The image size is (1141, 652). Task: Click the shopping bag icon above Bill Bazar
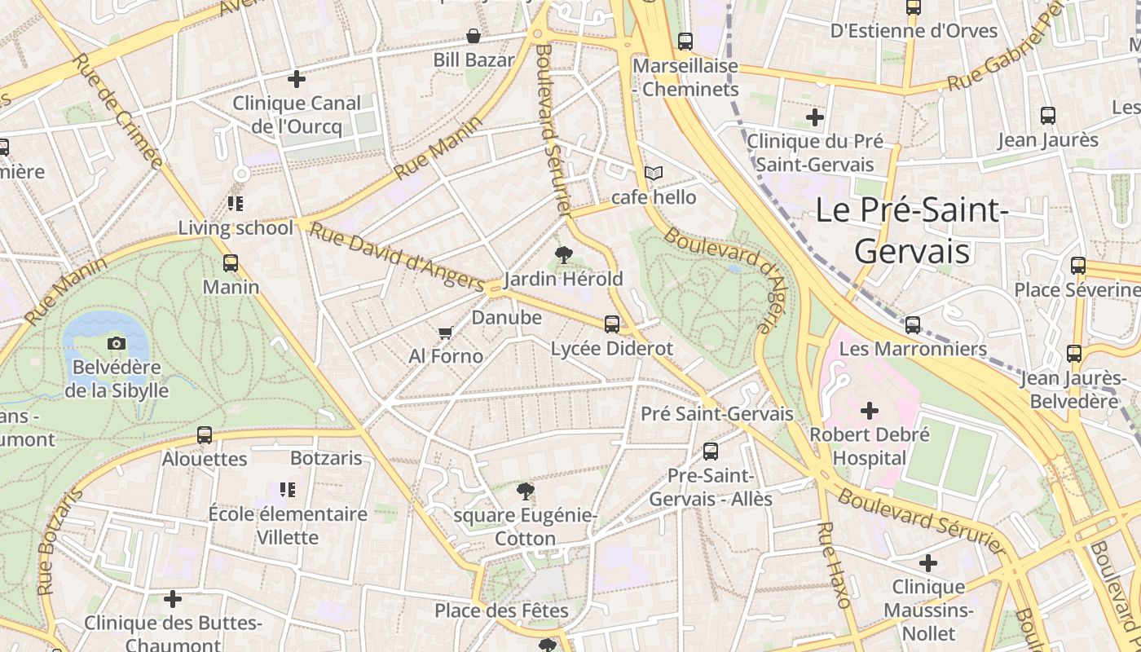click(473, 36)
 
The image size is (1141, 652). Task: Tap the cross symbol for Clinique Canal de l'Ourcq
click(297, 79)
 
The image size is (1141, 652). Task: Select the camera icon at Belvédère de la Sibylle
click(117, 344)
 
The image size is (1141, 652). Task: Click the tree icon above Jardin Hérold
click(562, 255)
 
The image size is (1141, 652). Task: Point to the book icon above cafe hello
click(654, 173)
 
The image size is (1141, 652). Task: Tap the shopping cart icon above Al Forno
click(445, 333)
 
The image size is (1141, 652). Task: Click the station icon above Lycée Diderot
click(612, 324)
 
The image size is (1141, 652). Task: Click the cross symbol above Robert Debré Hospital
click(870, 410)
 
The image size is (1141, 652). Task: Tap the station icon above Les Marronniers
click(913, 324)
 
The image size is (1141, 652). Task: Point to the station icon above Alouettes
click(205, 435)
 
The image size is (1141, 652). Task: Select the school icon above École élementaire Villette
click(287, 490)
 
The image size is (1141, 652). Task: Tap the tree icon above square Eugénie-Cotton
click(526, 491)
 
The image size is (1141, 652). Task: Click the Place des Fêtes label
click(501, 610)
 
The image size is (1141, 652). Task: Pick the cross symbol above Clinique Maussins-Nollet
click(928, 562)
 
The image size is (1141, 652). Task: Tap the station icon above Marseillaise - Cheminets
click(685, 41)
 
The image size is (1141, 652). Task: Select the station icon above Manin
click(231, 263)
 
